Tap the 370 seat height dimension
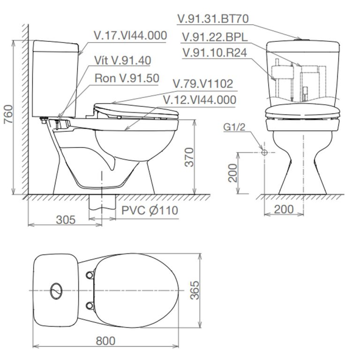click(187, 157)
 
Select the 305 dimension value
click(65, 219)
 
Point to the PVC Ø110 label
click(150, 210)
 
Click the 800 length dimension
click(105, 340)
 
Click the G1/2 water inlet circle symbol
click(264, 152)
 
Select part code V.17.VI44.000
click(130, 36)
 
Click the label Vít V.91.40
click(122, 60)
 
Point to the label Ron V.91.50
click(127, 77)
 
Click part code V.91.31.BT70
click(212, 19)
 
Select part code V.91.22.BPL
click(215, 36)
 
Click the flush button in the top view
click(56, 290)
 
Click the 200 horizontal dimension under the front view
click(284, 210)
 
